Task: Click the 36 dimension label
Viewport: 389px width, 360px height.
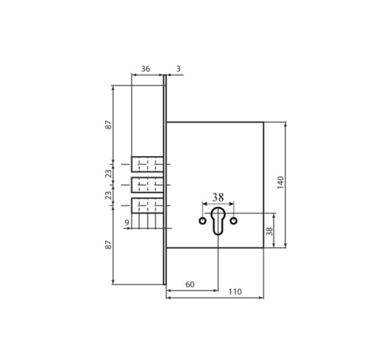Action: click(x=146, y=69)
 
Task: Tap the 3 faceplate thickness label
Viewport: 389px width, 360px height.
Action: click(x=178, y=69)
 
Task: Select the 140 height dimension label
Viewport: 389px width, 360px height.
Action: click(x=280, y=183)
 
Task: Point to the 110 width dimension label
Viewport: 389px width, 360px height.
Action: click(x=235, y=291)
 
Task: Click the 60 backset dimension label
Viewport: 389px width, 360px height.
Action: click(x=190, y=285)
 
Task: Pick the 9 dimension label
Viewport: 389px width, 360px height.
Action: click(x=127, y=223)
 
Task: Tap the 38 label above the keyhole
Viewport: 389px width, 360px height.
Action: click(x=218, y=198)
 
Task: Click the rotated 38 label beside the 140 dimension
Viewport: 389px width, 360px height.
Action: click(x=269, y=231)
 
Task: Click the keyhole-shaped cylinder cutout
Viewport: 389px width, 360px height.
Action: click(x=218, y=221)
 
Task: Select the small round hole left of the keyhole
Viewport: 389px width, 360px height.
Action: click(x=203, y=221)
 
